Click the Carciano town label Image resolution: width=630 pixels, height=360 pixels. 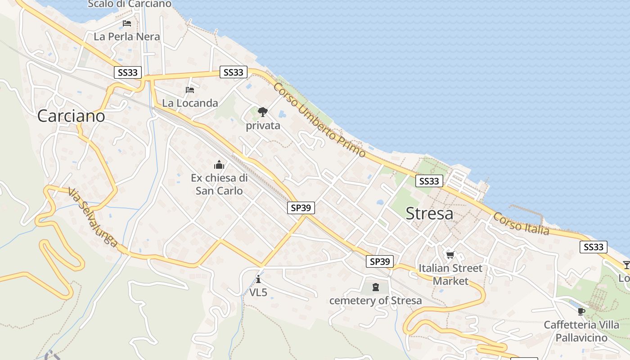[x=71, y=116]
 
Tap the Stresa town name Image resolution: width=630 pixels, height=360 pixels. [x=429, y=214]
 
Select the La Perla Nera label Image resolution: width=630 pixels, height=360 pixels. [x=127, y=37]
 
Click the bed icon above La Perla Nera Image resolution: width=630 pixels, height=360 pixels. [x=127, y=23]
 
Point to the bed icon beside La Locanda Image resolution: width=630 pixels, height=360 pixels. [x=190, y=90]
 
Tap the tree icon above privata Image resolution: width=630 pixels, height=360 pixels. [x=263, y=112]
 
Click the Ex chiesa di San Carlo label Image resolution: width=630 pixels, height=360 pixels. [x=219, y=184]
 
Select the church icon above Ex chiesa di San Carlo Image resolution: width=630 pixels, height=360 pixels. [x=219, y=165]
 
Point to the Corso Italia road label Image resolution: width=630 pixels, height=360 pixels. [x=521, y=224]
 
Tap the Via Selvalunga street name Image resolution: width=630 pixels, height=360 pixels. [x=93, y=217]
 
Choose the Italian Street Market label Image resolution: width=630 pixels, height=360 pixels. [x=450, y=274]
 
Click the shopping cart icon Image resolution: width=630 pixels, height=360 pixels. [x=450, y=255]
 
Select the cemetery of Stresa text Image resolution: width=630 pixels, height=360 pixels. [x=376, y=300]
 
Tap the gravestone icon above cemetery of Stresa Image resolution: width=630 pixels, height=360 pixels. [x=376, y=287]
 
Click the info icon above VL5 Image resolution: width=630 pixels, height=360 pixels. [x=258, y=279]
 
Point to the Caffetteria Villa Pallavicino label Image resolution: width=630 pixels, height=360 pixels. [x=581, y=331]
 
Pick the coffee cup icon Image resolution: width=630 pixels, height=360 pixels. [x=581, y=311]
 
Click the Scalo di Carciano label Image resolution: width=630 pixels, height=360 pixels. [x=130, y=4]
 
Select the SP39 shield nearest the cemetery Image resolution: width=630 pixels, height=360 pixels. [x=380, y=261]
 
